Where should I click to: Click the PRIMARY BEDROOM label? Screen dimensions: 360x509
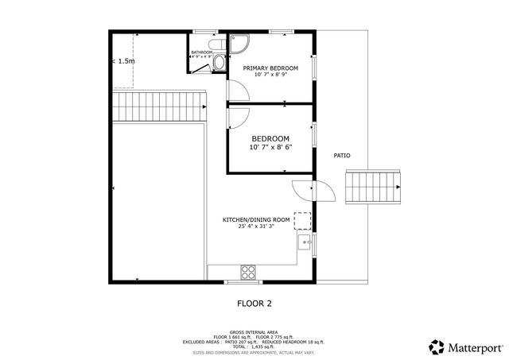[270, 68]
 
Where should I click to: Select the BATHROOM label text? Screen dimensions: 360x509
[201, 52]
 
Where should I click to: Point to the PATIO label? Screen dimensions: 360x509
[342, 156]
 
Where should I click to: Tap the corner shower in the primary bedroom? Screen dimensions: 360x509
[238, 43]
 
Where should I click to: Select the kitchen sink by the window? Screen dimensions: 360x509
[305, 242]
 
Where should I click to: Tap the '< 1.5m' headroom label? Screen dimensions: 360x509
[122, 60]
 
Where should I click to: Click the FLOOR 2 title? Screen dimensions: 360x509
[254, 303]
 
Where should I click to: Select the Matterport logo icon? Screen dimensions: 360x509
[437, 347]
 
